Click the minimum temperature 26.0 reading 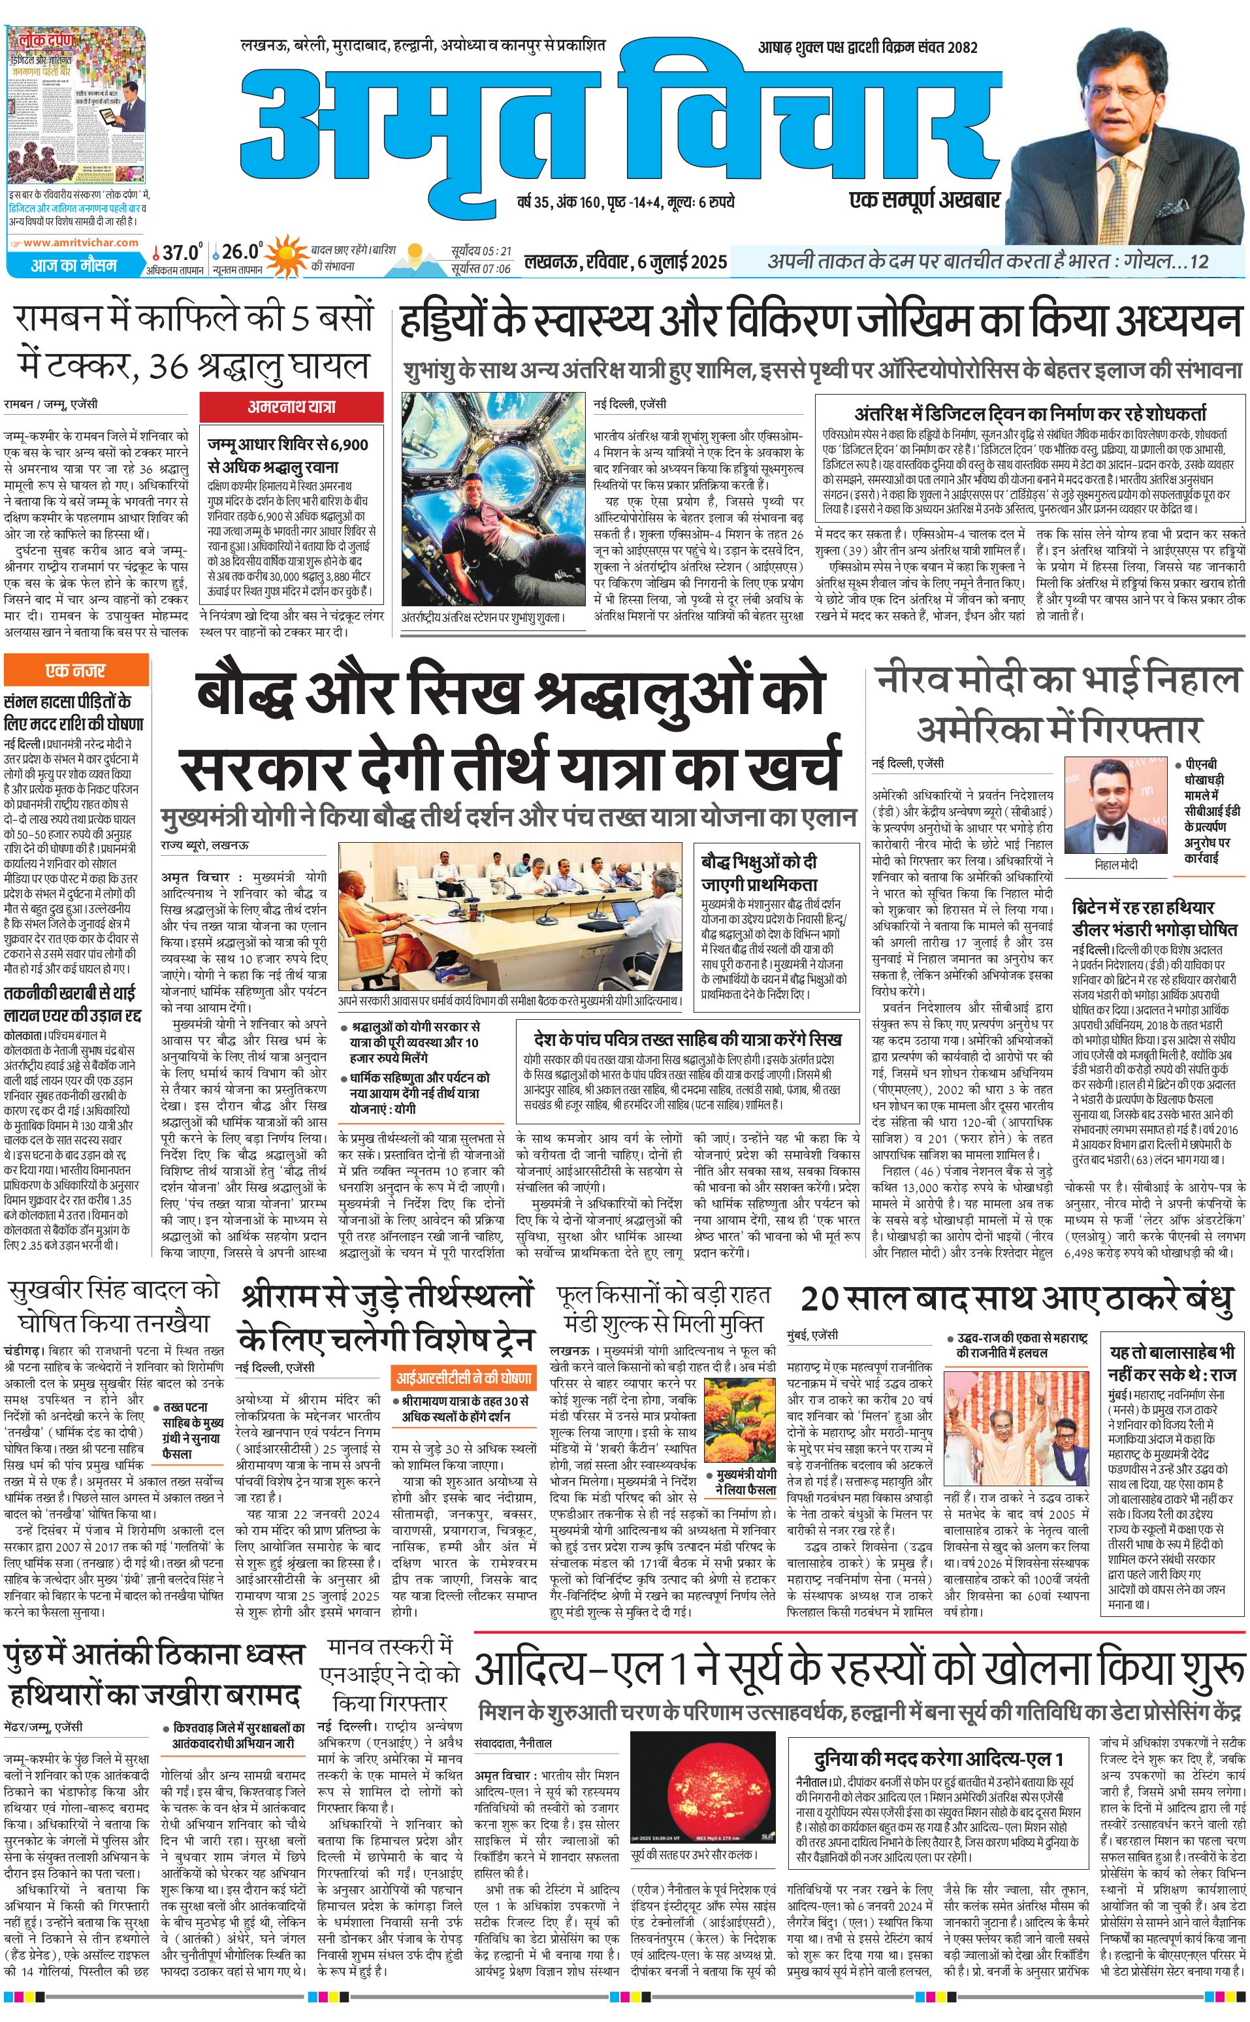[x=242, y=252]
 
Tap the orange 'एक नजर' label [x=76, y=670]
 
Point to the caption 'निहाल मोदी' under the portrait [x=1115, y=864]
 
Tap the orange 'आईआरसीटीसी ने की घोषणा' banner [x=464, y=1377]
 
